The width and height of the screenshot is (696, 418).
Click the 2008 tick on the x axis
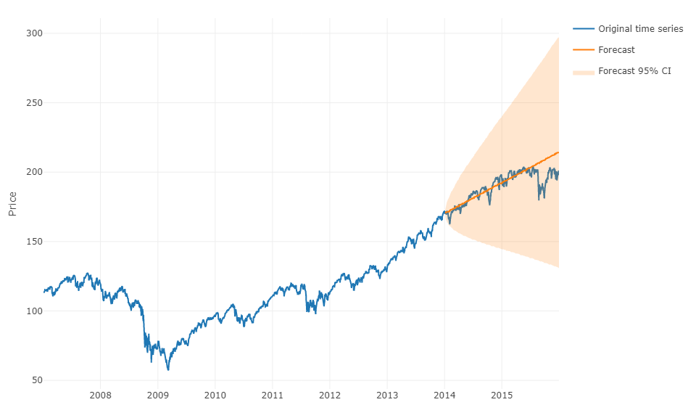point(100,395)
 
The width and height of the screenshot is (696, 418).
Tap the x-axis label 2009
point(157,395)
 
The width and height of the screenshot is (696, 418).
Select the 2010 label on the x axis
point(215,395)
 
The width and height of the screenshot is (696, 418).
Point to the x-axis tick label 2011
point(272,395)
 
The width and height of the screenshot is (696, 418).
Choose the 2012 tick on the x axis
point(329,395)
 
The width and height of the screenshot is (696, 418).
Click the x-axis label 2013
point(387,395)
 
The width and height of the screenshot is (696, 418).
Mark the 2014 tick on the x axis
point(444,395)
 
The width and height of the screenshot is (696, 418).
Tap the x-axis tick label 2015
point(502,395)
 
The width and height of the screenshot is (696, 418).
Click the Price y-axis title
point(12,204)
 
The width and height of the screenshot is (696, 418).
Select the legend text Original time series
point(640,29)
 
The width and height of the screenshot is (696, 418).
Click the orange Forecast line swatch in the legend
point(584,50)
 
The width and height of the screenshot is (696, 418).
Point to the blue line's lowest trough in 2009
point(168,370)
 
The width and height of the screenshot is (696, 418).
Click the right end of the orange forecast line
point(558,152)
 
